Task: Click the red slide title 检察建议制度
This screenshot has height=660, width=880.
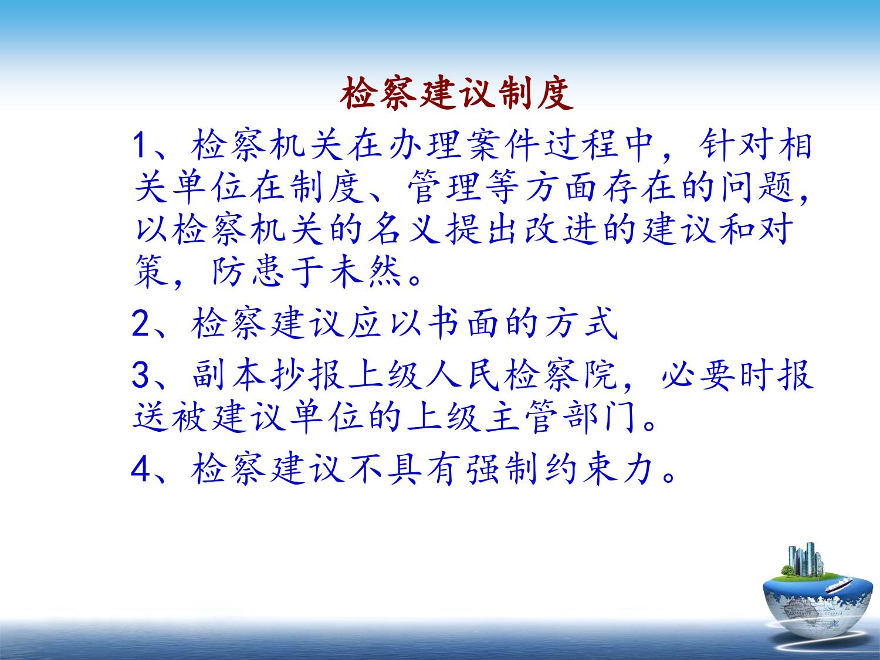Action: tap(456, 93)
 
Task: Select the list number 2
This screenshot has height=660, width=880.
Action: tap(141, 324)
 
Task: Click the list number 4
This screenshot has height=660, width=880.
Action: tap(141, 469)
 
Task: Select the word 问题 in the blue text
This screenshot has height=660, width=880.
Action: tap(760, 187)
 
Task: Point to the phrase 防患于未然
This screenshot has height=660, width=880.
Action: tap(307, 272)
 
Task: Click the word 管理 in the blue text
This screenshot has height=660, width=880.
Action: tap(445, 187)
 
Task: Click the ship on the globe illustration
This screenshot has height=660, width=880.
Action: tap(839, 585)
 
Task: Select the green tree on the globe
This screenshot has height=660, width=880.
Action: tap(788, 570)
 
